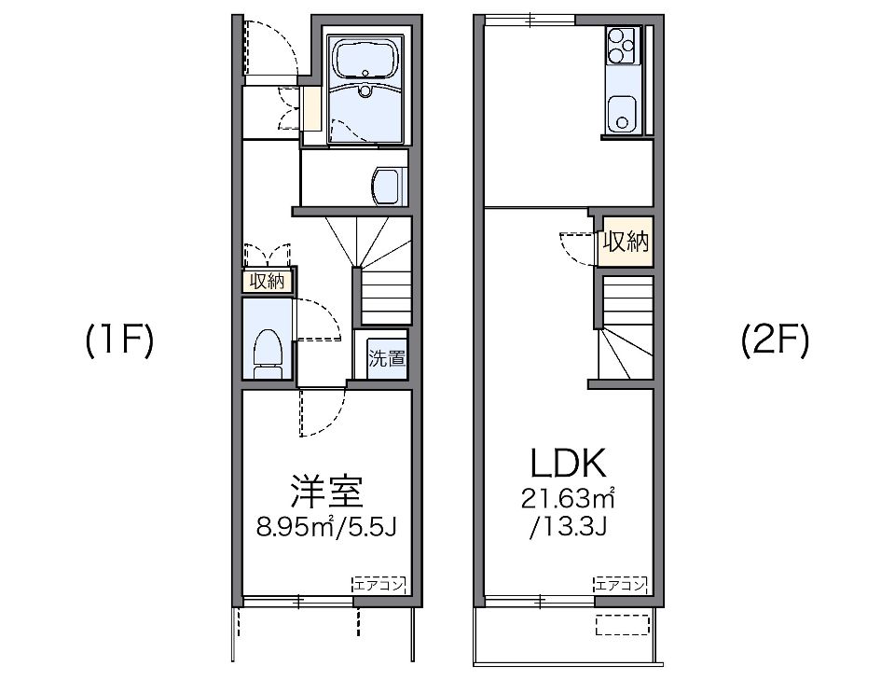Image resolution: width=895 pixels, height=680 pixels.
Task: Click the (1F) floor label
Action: [118, 342]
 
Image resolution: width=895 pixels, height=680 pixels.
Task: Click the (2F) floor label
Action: [775, 342]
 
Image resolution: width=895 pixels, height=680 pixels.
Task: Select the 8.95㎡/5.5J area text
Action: [327, 529]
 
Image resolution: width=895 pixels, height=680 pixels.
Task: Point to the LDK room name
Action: [568, 464]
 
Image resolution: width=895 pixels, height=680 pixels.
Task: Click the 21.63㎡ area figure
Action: [568, 498]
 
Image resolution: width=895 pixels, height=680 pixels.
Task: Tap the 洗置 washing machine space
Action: [386, 356]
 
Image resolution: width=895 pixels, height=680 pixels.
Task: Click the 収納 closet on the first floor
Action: [268, 281]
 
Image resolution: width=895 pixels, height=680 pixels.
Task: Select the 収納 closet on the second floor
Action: [626, 243]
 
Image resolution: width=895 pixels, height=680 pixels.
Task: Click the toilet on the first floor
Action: [268, 354]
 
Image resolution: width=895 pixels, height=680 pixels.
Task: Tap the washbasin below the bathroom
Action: [386, 185]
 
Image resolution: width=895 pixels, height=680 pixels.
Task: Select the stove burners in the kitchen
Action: [620, 43]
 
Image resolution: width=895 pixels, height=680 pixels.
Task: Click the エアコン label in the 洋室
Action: [379, 585]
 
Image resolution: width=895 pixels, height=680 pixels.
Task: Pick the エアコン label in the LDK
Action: [621, 585]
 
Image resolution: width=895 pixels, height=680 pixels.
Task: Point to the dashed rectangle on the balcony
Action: [624, 623]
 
